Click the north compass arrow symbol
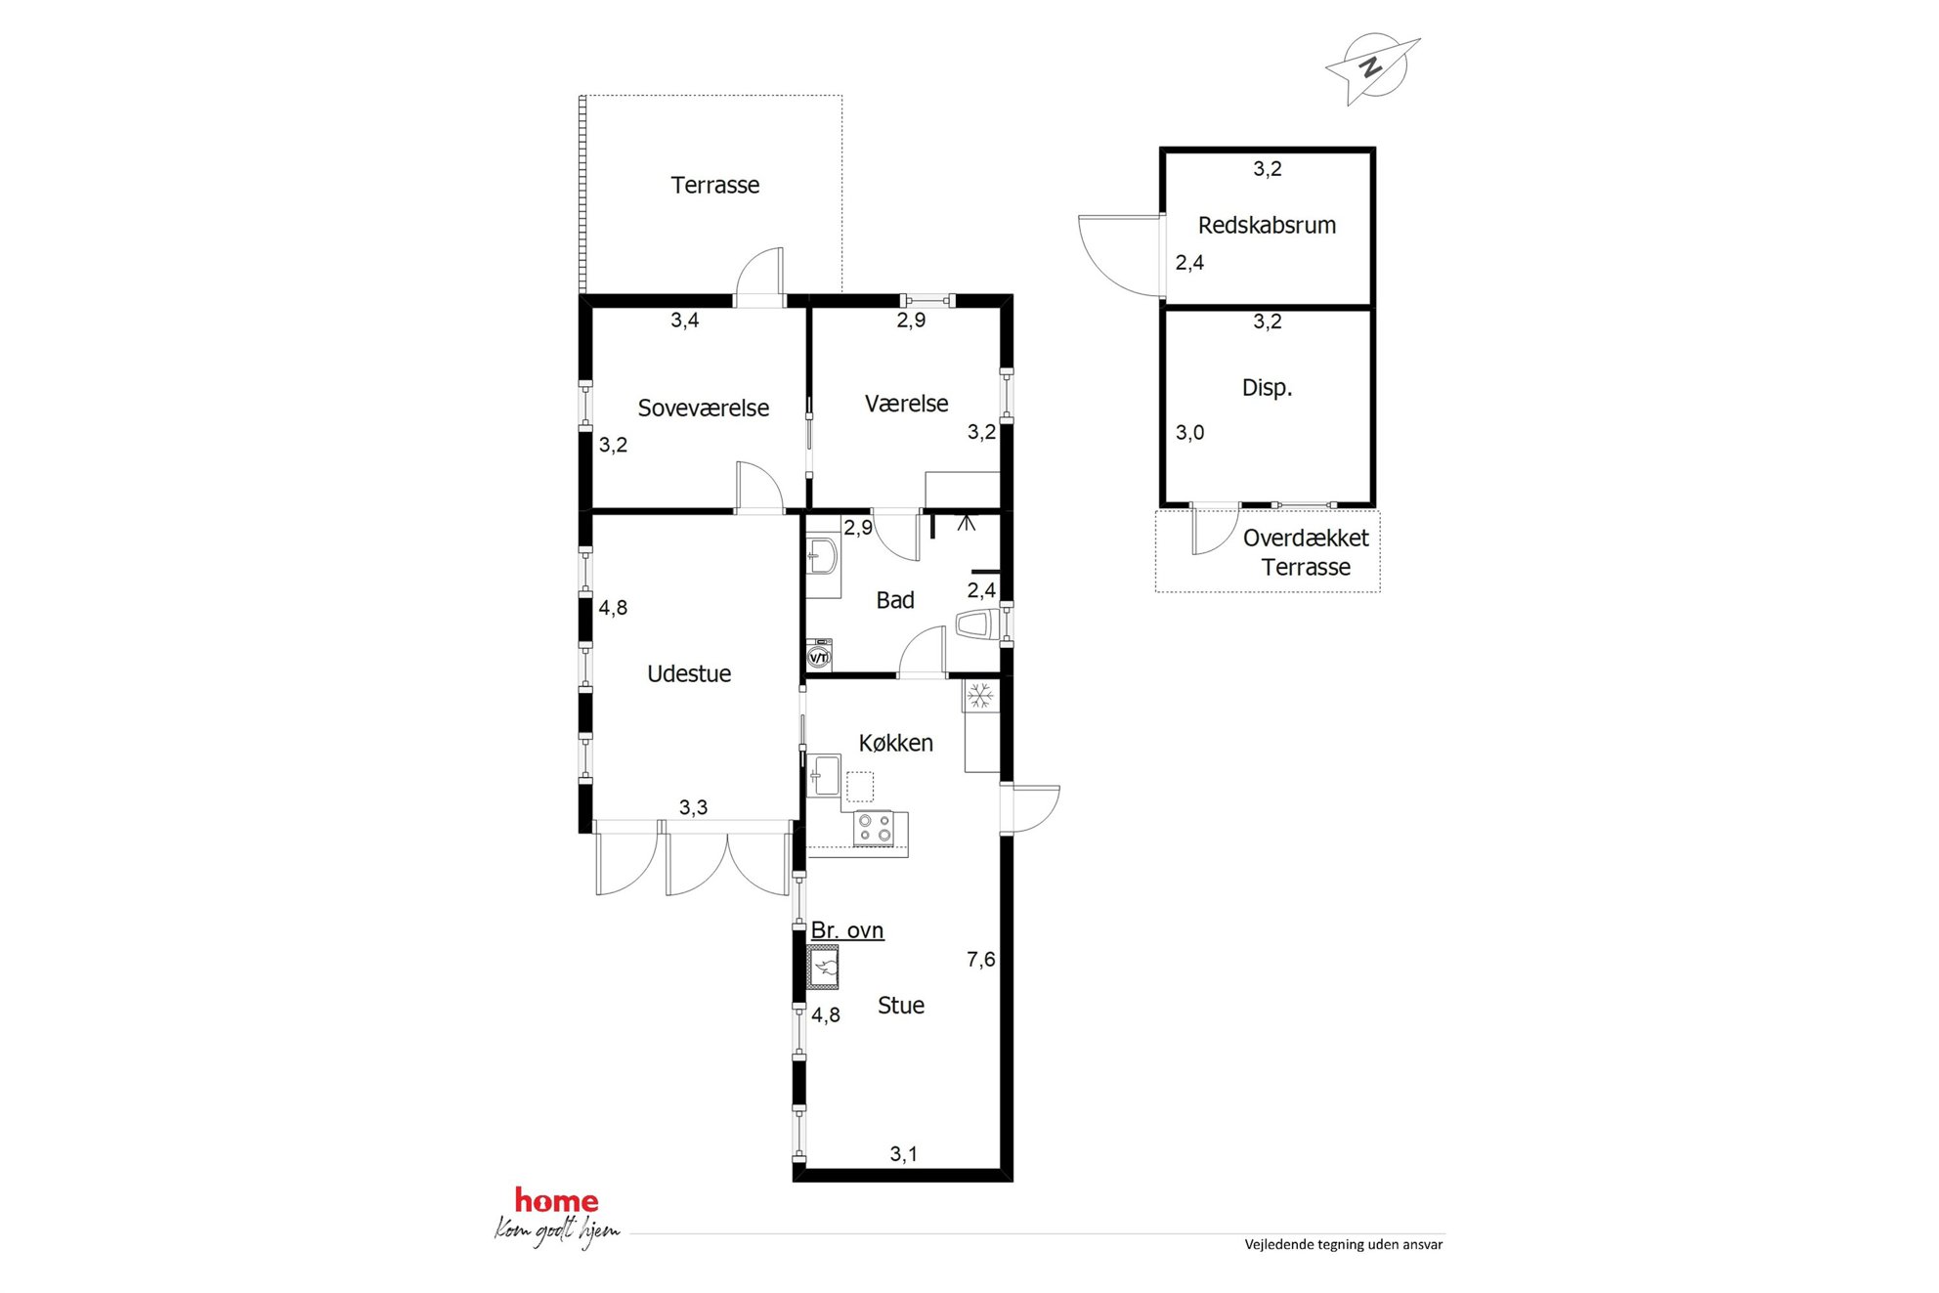click(1373, 68)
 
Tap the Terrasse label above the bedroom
click(714, 185)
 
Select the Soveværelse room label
click(703, 408)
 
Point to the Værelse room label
click(906, 404)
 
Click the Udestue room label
click(689, 673)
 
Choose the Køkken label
click(895, 743)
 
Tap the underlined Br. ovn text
click(847, 930)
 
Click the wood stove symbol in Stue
click(823, 968)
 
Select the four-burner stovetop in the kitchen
click(874, 829)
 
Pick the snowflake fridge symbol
click(980, 696)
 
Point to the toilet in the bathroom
click(978, 625)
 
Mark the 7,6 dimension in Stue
click(980, 960)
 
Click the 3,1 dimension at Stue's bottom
click(903, 1154)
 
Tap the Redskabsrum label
click(1267, 225)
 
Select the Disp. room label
click(1267, 387)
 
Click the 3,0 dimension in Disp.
click(1189, 432)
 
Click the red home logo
click(556, 1200)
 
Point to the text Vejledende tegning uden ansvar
click(1343, 1244)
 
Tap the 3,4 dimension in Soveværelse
click(684, 320)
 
